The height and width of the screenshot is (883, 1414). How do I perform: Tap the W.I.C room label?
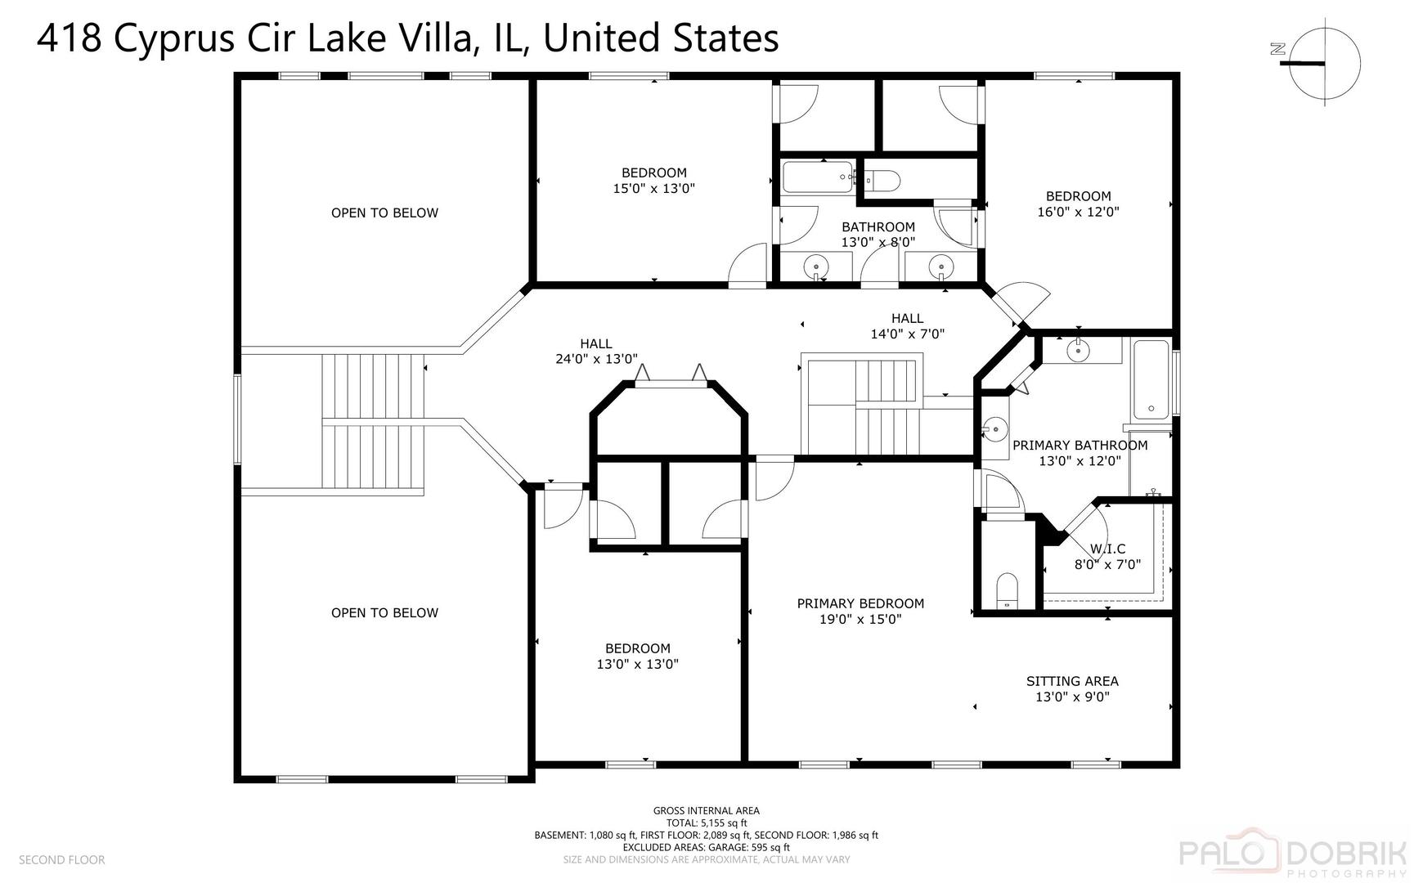pyautogui.click(x=1107, y=549)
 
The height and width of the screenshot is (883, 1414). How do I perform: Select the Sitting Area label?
pyautogui.click(x=1072, y=681)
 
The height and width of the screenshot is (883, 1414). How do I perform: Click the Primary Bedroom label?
pyautogui.click(x=860, y=603)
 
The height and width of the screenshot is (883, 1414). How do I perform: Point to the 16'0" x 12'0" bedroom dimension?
pyautogui.click(x=1078, y=212)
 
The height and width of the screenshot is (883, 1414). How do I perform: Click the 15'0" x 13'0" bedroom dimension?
pyautogui.click(x=654, y=188)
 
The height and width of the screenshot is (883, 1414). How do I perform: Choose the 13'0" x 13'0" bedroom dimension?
pyautogui.click(x=638, y=664)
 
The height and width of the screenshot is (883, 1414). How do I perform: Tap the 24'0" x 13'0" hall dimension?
pyautogui.click(x=596, y=359)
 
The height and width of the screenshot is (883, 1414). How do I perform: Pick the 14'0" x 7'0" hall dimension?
pyautogui.click(x=908, y=334)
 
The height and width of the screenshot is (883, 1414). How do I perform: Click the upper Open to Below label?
pyautogui.click(x=384, y=213)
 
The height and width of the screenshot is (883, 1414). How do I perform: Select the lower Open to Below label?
pyautogui.click(x=384, y=612)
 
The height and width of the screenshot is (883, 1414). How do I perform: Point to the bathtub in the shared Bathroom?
pyautogui.click(x=819, y=177)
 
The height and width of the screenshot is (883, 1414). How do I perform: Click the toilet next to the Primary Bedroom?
pyautogui.click(x=1007, y=590)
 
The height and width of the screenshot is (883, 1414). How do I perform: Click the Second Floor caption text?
pyautogui.click(x=61, y=859)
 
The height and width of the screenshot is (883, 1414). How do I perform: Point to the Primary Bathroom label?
pyautogui.click(x=1080, y=445)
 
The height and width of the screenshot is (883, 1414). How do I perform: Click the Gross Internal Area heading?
pyautogui.click(x=706, y=811)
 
